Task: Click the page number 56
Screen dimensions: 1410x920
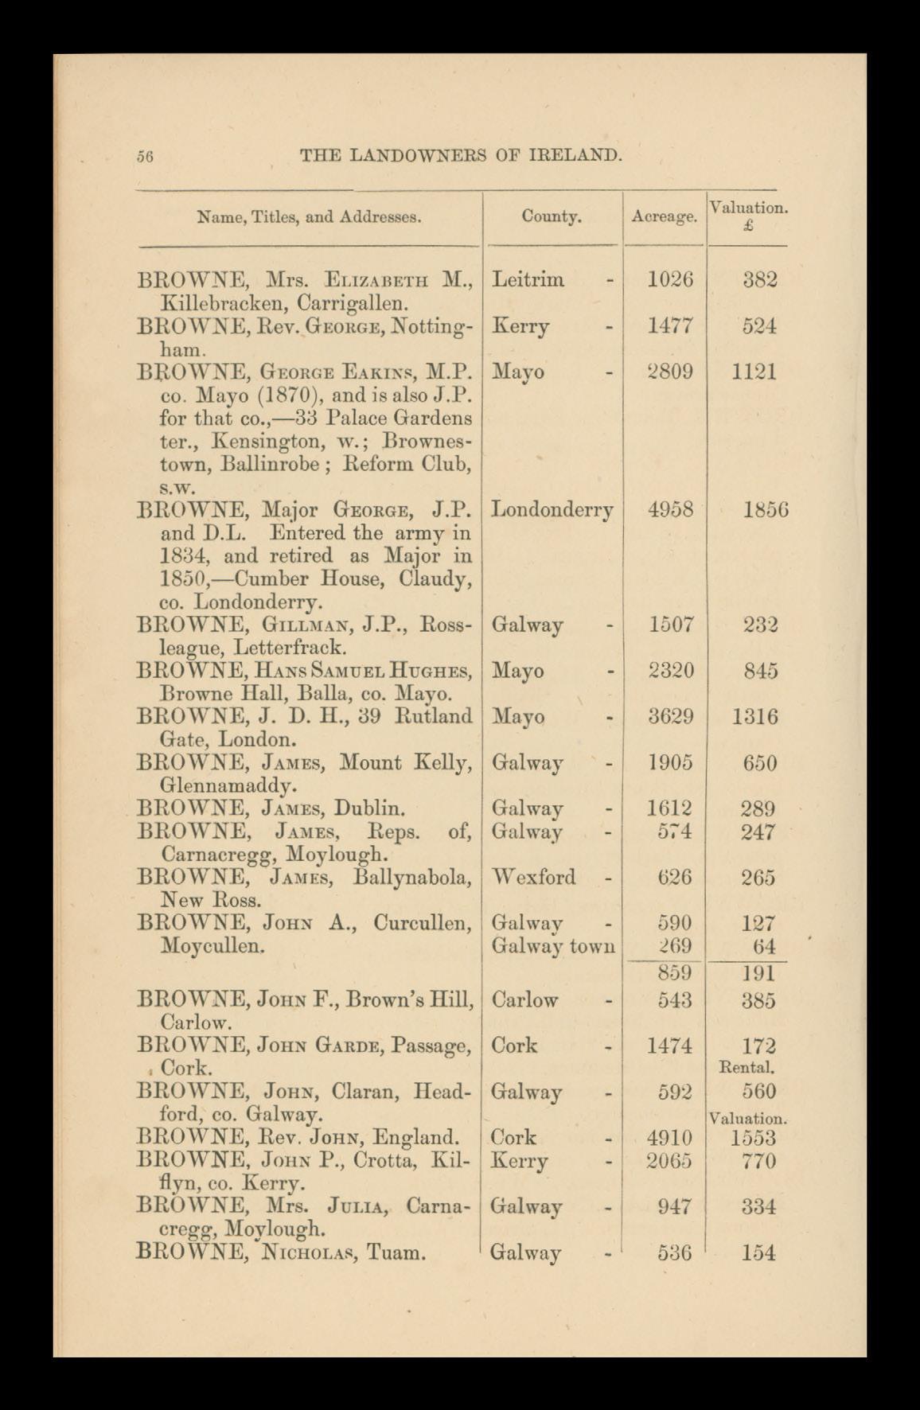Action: click(144, 157)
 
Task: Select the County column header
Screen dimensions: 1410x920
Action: click(552, 216)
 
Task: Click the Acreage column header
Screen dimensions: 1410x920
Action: click(664, 216)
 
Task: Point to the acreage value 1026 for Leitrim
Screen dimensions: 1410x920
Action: click(670, 279)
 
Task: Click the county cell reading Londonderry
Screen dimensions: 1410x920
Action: click(552, 509)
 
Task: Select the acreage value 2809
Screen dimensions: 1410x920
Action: click(670, 372)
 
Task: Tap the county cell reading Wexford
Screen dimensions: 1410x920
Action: click(533, 877)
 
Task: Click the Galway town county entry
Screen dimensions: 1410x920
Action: click(552, 946)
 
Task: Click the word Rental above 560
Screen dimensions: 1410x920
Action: click(747, 1067)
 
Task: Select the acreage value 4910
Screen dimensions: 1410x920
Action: click(670, 1138)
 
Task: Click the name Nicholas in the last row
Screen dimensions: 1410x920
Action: click(305, 1253)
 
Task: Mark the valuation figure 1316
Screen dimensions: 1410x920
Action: click(754, 717)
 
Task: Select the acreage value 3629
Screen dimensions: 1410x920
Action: click(670, 717)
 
